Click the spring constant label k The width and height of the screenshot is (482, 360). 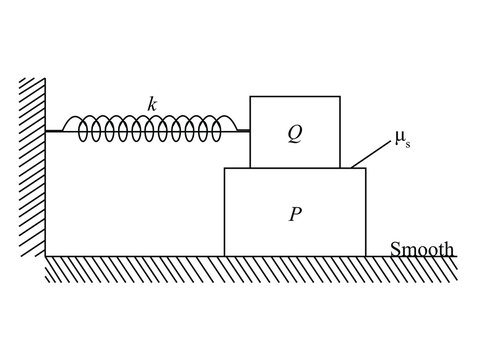[x=152, y=103]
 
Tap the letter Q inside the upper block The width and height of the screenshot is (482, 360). [x=293, y=131]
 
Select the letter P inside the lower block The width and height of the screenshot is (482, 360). [x=294, y=213]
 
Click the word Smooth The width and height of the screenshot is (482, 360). [x=421, y=248]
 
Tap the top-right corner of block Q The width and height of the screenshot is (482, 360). [x=340, y=96]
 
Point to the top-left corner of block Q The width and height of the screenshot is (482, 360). [x=250, y=96]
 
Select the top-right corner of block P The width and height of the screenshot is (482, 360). [x=366, y=168]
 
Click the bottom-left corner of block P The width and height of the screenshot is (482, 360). [x=224, y=256]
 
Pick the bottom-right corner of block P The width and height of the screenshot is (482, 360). [x=366, y=256]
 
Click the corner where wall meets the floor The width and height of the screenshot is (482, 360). [x=46, y=256]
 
